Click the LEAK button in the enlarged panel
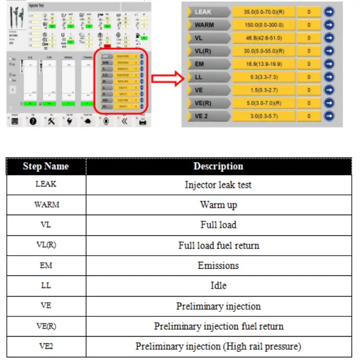pyautogui.click(x=209, y=12)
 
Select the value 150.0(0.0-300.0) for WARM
pyautogui.click(x=263, y=25)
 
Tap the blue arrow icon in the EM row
pyautogui.click(x=329, y=64)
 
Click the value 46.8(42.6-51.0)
pyautogui.click(x=263, y=38)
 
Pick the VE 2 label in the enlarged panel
pyautogui.click(x=209, y=116)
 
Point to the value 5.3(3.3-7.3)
pyautogui.click(x=263, y=77)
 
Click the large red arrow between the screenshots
pyautogui.click(x=166, y=79)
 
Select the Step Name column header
pyautogui.click(x=46, y=166)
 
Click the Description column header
pyautogui.click(x=218, y=166)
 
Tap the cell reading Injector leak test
pyautogui.click(x=218, y=184)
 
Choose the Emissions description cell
pyautogui.click(x=218, y=265)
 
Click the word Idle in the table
pyautogui.click(x=218, y=286)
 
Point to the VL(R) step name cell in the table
pyautogui.click(x=46, y=245)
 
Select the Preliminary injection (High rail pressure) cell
pyautogui.click(x=218, y=346)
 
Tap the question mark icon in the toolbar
pyautogui.click(x=33, y=121)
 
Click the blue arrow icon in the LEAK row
pyautogui.click(x=329, y=12)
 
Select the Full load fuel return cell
pyautogui.click(x=218, y=246)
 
